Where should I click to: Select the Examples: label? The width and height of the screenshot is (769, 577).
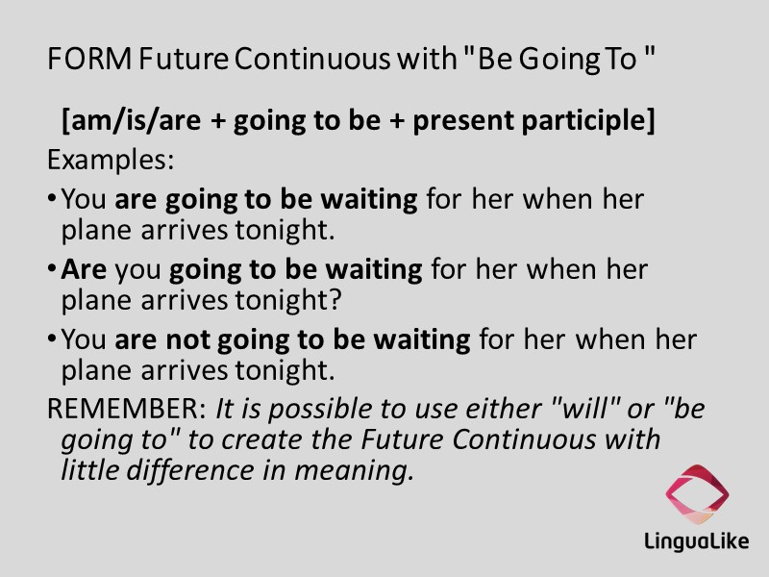[111, 160]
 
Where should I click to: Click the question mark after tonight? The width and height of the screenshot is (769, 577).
[335, 300]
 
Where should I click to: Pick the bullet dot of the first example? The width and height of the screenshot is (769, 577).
[52, 201]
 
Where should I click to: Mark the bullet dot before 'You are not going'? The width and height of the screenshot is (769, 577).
[52, 340]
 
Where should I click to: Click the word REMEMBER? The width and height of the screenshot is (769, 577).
[126, 410]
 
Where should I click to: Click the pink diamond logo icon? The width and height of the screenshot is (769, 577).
[697, 493]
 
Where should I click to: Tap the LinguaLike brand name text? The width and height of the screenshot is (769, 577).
[697, 542]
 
